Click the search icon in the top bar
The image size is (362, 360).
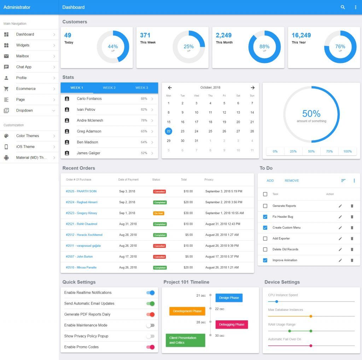(x=343, y=7)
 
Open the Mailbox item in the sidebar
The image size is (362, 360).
(x=23, y=56)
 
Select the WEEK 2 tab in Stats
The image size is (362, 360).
(x=109, y=88)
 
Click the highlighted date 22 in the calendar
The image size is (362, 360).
(x=169, y=131)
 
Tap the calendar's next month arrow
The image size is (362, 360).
(x=252, y=88)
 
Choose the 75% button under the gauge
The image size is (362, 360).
(x=329, y=152)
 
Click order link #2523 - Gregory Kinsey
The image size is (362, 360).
(x=82, y=213)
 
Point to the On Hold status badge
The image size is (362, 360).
(x=158, y=213)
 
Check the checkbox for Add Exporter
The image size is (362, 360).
(x=265, y=239)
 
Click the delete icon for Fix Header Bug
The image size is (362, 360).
(x=352, y=217)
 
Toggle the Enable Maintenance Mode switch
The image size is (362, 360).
(x=151, y=325)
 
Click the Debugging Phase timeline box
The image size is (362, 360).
(x=232, y=325)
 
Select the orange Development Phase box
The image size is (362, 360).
(x=187, y=311)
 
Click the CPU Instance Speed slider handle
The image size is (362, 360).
(x=276, y=302)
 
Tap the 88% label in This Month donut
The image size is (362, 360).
(x=264, y=46)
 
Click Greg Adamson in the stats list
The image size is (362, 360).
(x=89, y=131)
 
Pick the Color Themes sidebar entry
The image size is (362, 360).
(x=28, y=136)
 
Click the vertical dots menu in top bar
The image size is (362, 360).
(x=356, y=7)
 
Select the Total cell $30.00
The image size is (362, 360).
(x=188, y=213)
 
